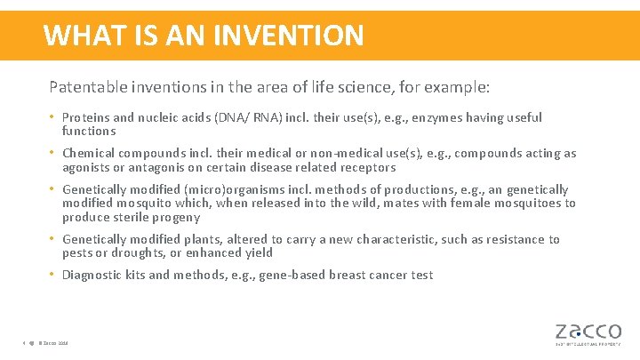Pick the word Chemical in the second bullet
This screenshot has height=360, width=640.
tap(89, 154)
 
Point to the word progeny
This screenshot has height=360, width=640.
tap(179, 217)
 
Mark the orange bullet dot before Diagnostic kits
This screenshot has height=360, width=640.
tap(53, 275)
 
